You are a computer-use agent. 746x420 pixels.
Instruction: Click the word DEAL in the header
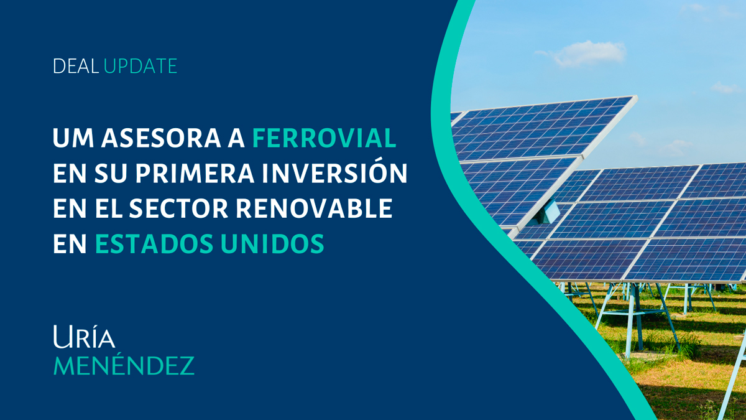pos(76,66)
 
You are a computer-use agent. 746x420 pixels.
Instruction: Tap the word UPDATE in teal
pos(140,66)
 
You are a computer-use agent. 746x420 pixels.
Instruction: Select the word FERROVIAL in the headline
pos(325,138)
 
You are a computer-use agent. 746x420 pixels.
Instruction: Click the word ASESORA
pos(161,138)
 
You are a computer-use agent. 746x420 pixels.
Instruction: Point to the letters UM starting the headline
pos(73,138)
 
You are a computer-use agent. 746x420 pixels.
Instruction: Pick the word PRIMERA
pos(195,174)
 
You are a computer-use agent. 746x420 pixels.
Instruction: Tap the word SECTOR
pos(178,208)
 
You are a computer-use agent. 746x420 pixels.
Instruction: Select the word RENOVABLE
pos(314,208)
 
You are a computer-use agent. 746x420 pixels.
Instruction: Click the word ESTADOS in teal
pos(154,244)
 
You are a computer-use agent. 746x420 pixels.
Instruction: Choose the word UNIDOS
pos(272,244)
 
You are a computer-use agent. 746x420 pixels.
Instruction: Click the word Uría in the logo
pos(85,337)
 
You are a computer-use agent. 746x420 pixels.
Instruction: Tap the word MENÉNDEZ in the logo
pos(124,365)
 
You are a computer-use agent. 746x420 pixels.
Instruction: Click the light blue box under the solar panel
pos(547,212)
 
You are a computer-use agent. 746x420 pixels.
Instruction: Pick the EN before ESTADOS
pos(70,244)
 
